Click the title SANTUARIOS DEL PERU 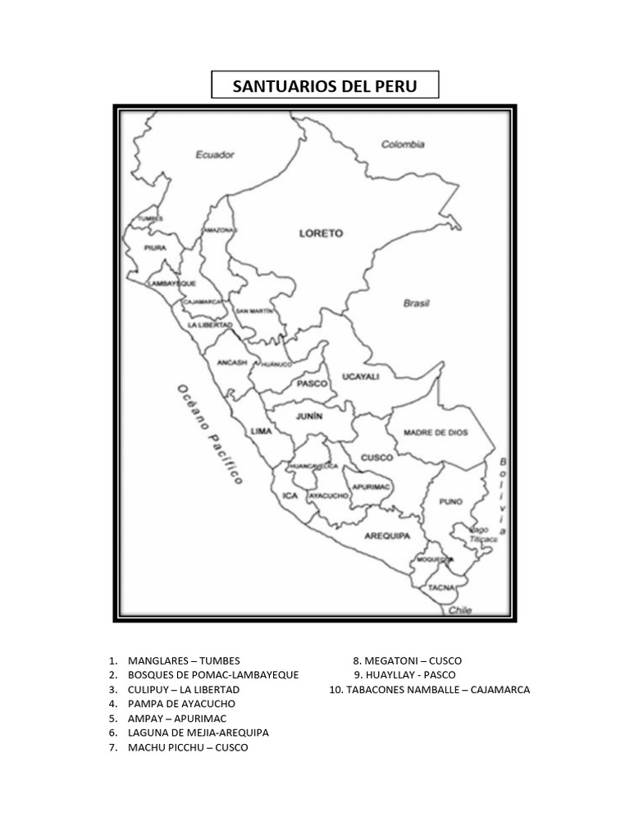click(x=325, y=86)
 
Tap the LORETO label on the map click(x=321, y=234)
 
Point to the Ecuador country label click(x=216, y=154)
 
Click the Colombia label click(x=403, y=144)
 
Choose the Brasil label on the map click(x=417, y=303)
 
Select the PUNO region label click(x=450, y=501)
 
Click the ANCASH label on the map click(x=232, y=362)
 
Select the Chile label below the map click(x=460, y=610)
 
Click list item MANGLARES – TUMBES click(x=184, y=660)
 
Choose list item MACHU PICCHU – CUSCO click(x=188, y=748)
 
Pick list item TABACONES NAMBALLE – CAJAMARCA click(x=429, y=690)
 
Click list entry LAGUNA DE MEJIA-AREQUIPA click(x=198, y=733)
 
